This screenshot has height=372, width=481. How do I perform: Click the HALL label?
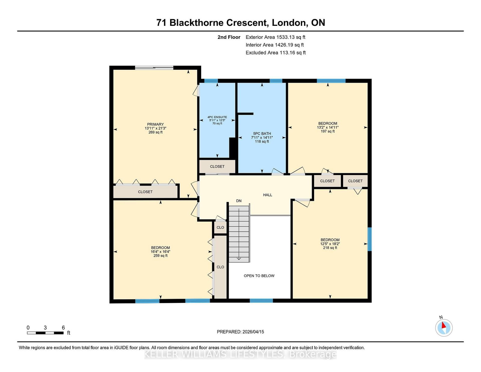click(x=268, y=195)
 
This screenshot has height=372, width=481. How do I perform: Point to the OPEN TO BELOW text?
click(x=259, y=276)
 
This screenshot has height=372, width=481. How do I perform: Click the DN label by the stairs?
click(x=239, y=201)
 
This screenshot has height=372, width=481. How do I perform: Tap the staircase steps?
click(x=239, y=233)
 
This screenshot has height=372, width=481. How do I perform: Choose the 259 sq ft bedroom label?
click(x=161, y=252)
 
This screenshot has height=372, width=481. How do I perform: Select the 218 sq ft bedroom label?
click(x=330, y=244)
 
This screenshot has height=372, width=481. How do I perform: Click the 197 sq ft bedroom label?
click(x=328, y=127)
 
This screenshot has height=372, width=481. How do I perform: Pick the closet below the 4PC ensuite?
click(x=217, y=166)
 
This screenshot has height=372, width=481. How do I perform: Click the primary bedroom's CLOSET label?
click(x=145, y=192)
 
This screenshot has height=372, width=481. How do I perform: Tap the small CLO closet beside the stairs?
click(x=220, y=227)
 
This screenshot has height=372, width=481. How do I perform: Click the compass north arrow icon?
click(x=444, y=327)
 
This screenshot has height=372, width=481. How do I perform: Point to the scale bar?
click(x=45, y=333)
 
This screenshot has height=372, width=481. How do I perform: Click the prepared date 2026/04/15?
click(x=253, y=332)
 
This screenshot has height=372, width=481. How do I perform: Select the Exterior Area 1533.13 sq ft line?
click(x=275, y=37)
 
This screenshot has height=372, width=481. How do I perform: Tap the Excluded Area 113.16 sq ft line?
click(x=276, y=53)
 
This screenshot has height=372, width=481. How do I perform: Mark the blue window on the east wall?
click(x=370, y=239)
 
